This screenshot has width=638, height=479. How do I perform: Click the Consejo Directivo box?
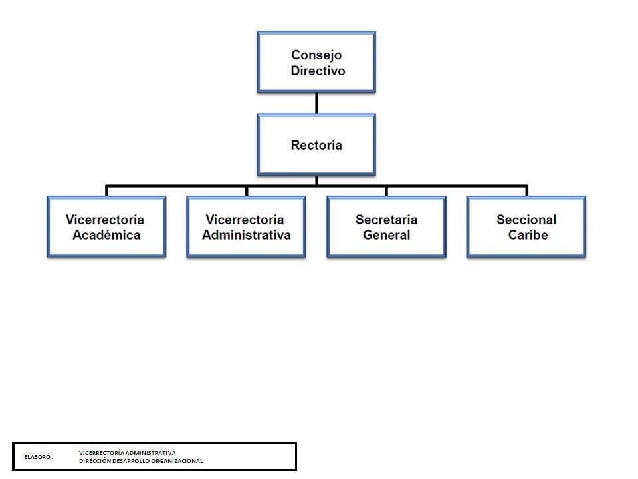point(316,62)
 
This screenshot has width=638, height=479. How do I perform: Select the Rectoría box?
point(316,144)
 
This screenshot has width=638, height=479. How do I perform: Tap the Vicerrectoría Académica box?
point(106,227)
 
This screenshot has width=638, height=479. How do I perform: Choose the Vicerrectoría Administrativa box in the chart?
point(246,227)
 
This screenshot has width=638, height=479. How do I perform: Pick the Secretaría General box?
point(386,227)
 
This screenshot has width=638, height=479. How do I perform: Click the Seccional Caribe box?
point(526,227)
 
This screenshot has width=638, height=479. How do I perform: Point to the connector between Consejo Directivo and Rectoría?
point(316,102)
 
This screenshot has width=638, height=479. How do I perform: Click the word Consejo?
point(316,55)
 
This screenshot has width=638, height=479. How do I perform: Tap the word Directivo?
point(318,71)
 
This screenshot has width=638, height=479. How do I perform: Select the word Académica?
point(106,235)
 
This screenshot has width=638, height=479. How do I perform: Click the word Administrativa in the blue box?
point(246,235)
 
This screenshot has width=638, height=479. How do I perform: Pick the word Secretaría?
point(386,220)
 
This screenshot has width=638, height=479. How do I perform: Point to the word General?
point(386,235)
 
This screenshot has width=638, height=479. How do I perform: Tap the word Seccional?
point(526,220)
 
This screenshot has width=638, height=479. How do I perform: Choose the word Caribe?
point(528,235)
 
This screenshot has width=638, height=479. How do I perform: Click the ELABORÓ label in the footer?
point(39,458)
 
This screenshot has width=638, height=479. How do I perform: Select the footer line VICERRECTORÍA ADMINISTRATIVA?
point(128,452)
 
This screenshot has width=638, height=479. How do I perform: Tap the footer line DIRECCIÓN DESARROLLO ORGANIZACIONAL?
point(141,461)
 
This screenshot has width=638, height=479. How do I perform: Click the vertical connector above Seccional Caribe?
point(526,191)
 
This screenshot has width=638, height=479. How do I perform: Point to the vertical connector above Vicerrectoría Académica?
point(106,191)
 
